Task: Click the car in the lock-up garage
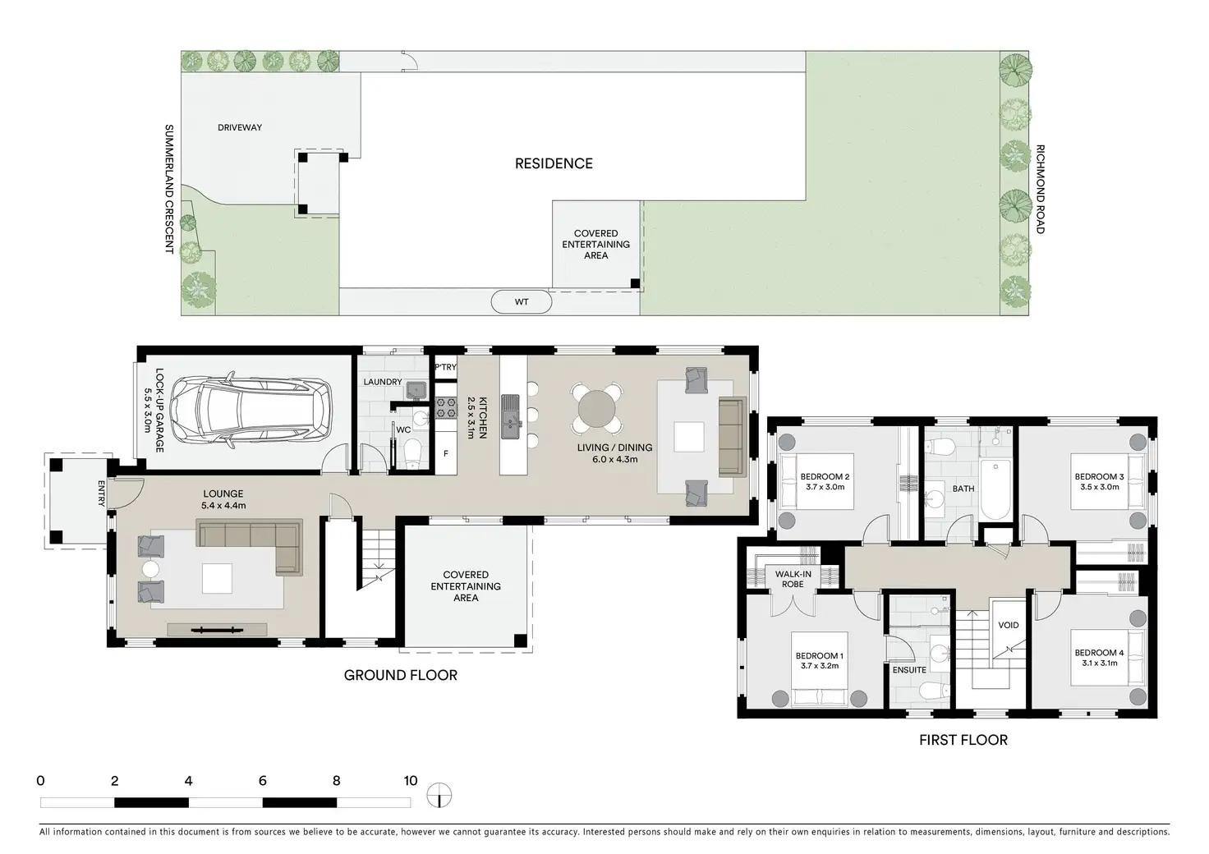pyautogui.click(x=251, y=410)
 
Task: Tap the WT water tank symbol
pyautogui.click(x=522, y=302)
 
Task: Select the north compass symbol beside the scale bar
pyautogui.click(x=439, y=795)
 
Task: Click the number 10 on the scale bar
pyautogui.click(x=410, y=781)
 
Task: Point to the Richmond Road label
pyautogui.click(x=1041, y=189)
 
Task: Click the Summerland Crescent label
pyautogui.click(x=169, y=189)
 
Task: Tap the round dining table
pyautogui.click(x=596, y=409)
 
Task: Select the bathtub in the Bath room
pyautogui.click(x=995, y=490)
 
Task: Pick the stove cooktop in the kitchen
pyautogui.click(x=446, y=407)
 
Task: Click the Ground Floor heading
pyautogui.click(x=401, y=676)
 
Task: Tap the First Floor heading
pyautogui.click(x=963, y=740)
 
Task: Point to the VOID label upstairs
pyautogui.click(x=1009, y=625)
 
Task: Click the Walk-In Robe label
pyautogui.click(x=793, y=580)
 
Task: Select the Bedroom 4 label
pyautogui.click(x=1099, y=653)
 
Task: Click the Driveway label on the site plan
pyautogui.click(x=240, y=127)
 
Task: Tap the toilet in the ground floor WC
pyautogui.click(x=413, y=452)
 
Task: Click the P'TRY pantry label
pyautogui.click(x=446, y=367)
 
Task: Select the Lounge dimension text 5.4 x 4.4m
pyautogui.click(x=223, y=506)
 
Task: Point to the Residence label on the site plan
pyautogui.click(x=554, y=163)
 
